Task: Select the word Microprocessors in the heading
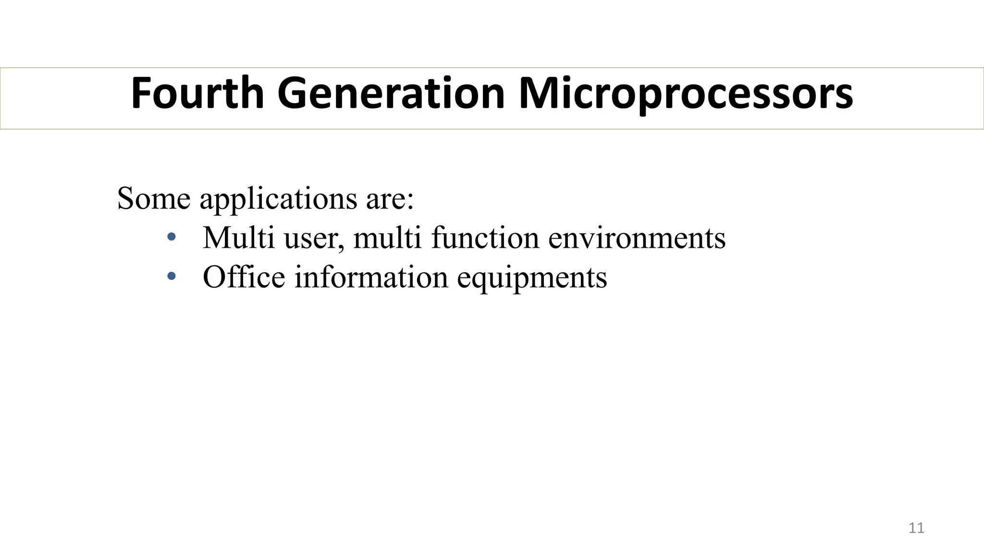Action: coord(686,94)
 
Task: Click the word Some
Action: coord(154,198)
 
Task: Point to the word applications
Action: coord(278,199)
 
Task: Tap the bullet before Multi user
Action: coord(172,237)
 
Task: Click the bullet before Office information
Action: coord(172,276)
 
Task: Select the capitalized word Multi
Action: coord(238,238)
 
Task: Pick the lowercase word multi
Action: coord(387,238)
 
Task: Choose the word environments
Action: coord(637,238)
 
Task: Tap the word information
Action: coord(371,277)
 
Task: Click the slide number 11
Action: coord(916,528)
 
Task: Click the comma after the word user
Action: coord(341,246)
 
